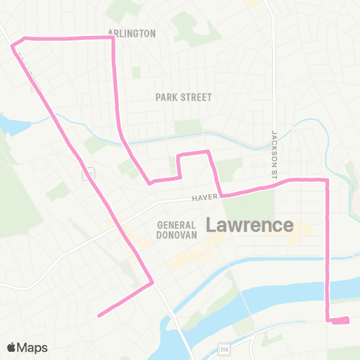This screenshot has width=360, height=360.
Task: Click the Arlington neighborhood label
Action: tap(131, 33)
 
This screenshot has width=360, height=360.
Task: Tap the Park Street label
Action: tap(184, 97)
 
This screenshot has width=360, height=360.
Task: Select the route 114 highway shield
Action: tap(223, 348)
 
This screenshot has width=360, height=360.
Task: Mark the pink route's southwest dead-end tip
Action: tap(99, 316)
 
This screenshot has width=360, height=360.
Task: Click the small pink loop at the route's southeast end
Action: tap(340, 321)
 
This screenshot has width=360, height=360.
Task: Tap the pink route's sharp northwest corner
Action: tap(13, 45)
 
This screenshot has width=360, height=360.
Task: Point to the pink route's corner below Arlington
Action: tap(112, 38)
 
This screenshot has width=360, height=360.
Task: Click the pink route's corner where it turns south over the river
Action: tap(327, 180)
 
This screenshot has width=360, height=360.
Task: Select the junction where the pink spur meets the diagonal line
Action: tap(152, 283)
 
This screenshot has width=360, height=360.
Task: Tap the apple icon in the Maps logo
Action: tap(12, 347)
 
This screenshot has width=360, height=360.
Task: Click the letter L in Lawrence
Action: tap(211, 224)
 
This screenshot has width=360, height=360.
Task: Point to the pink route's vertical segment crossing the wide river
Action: tap(327, 289)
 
